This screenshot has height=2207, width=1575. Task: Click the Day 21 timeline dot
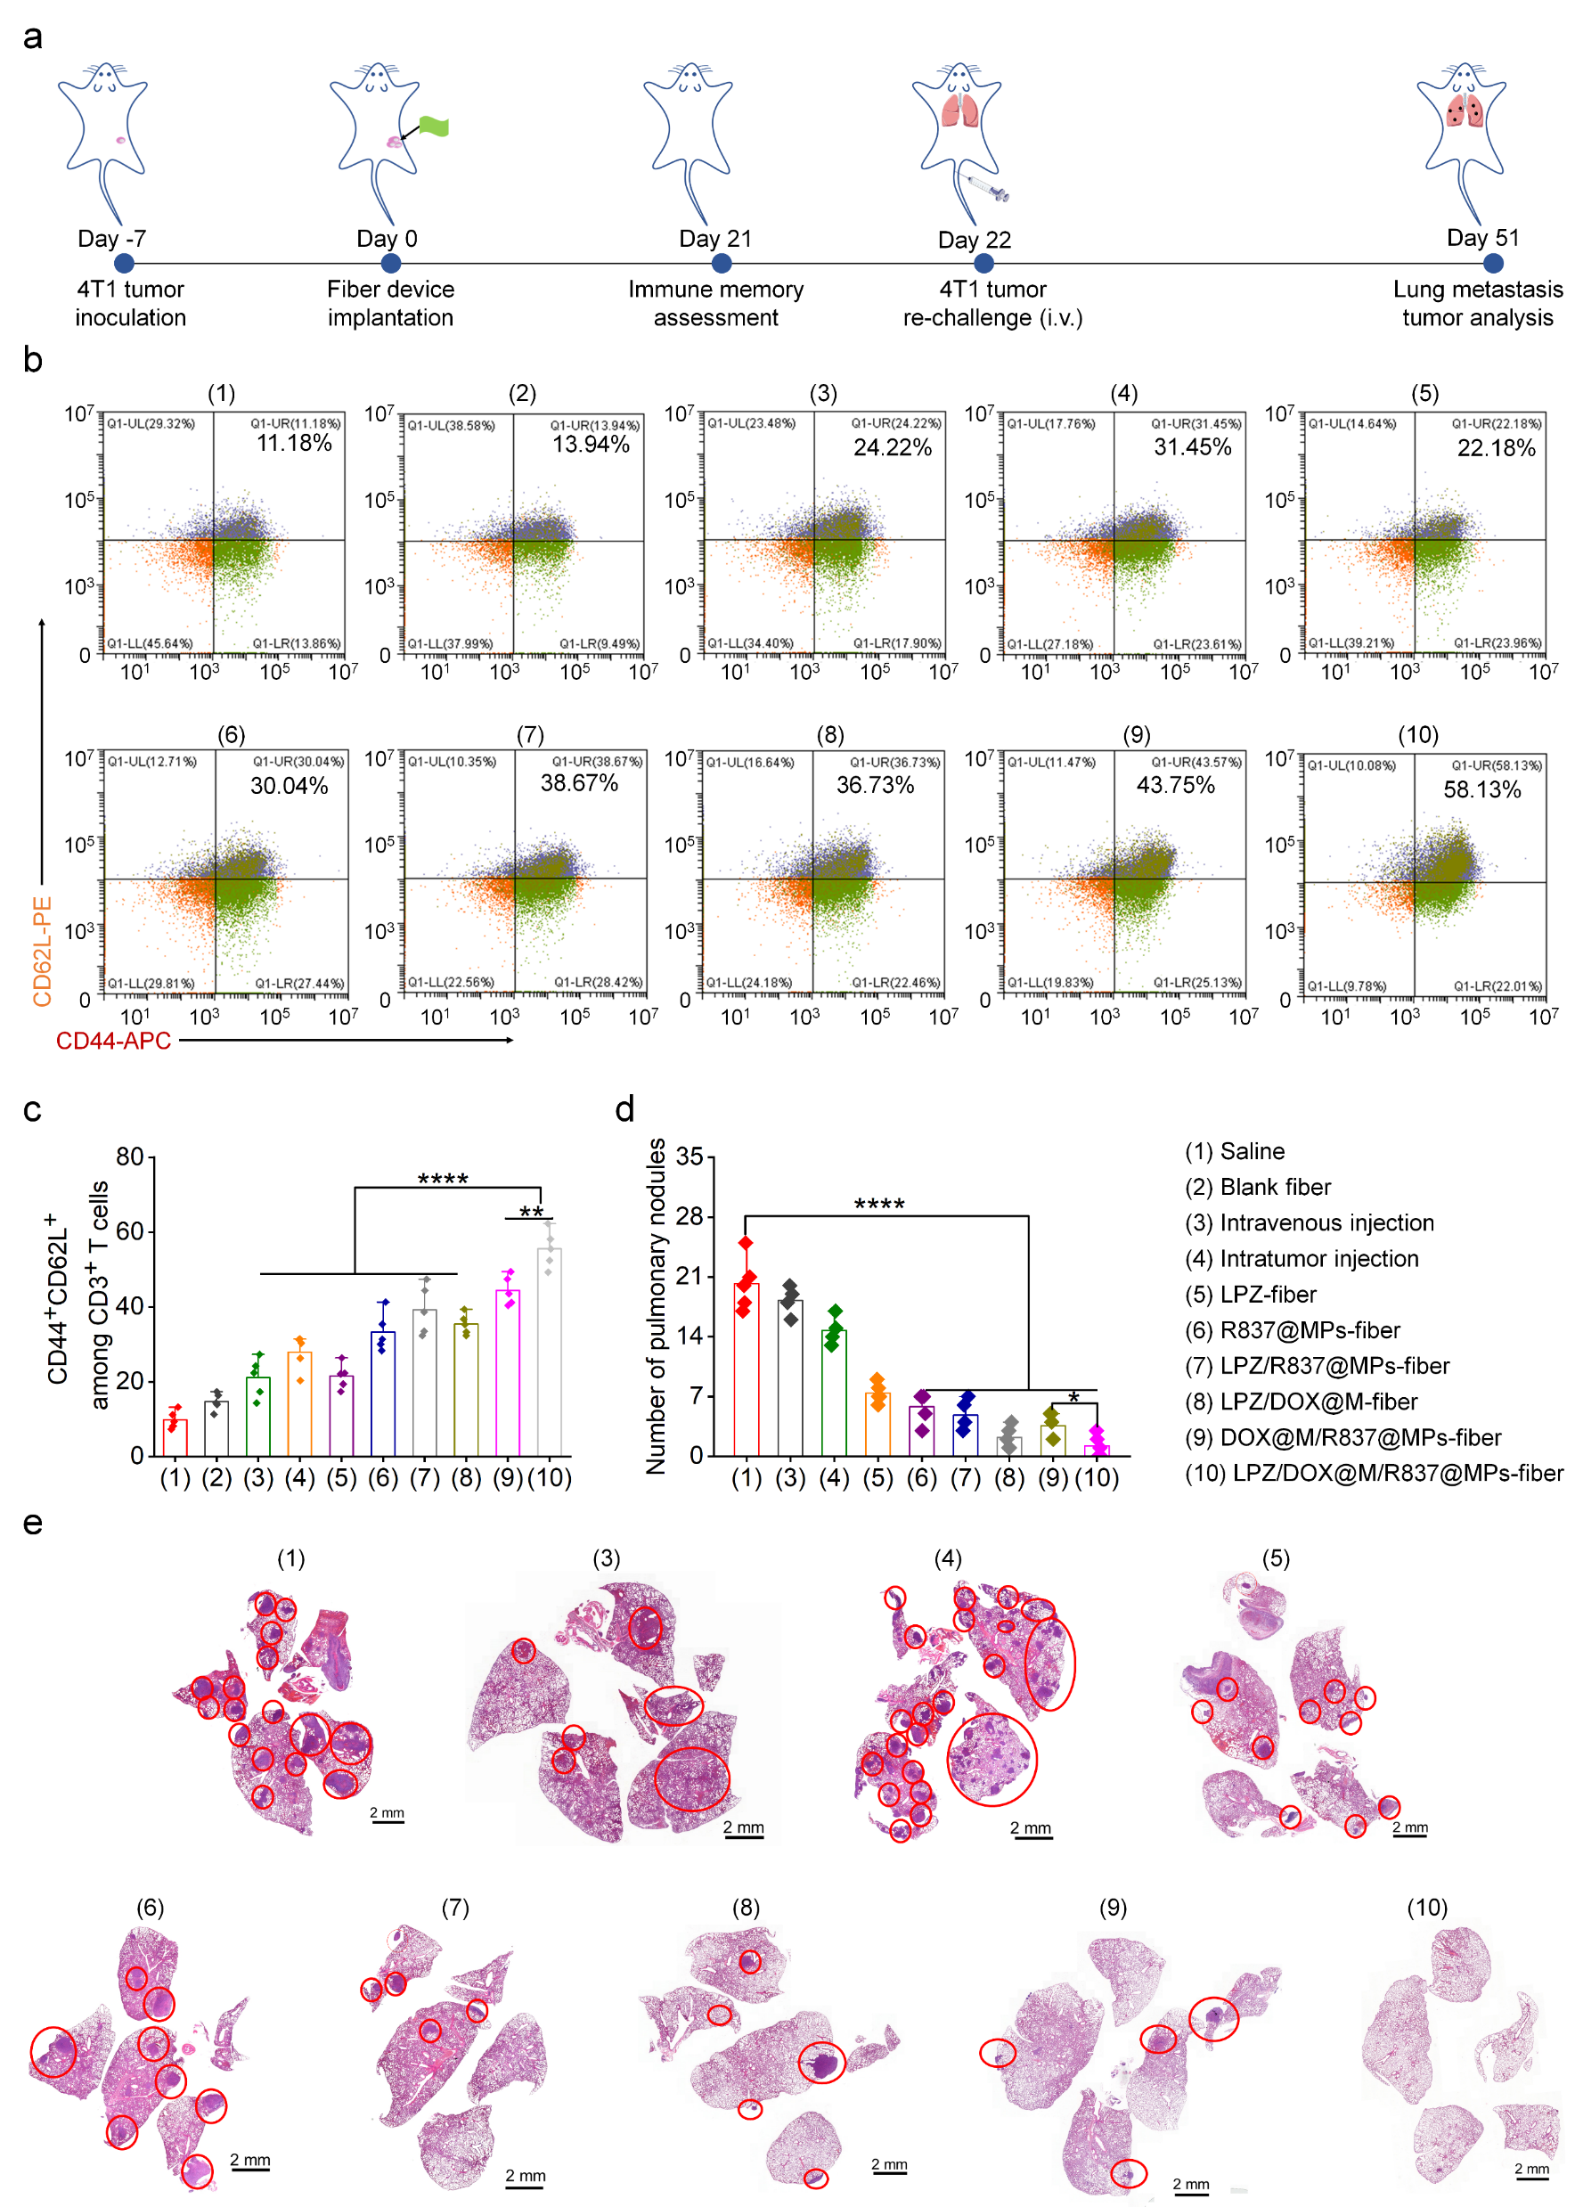(x=714, y=263)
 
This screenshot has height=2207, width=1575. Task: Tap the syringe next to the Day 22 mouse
(x=987, y=187)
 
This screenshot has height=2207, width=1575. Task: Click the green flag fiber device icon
(x=434, y=127)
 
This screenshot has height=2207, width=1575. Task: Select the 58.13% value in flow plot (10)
(x=1481, y=789)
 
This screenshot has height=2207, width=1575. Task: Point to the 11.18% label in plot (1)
(x=294, y=444)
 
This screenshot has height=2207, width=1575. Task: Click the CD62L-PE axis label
(x=42, y=952)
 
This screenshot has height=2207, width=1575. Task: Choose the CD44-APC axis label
(x=113, y=1041)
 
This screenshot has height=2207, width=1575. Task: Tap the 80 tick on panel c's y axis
(x=130, y=1157)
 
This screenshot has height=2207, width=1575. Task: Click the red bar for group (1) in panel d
(x=746, y=1369)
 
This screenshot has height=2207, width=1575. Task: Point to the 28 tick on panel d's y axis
(x=690, y=1216)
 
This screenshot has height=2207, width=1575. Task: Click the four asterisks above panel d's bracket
(x=878, y=1205)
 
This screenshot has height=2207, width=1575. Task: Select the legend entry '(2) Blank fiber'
(x=1258, y=1188)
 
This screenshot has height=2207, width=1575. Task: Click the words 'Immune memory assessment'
(x=715, y=304)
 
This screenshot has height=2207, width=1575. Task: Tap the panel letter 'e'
(x=33, y=1523)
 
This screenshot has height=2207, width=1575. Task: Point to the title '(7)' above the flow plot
(x=529, y=734)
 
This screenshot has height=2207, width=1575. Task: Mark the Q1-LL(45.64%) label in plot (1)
(x=151, y=643)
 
